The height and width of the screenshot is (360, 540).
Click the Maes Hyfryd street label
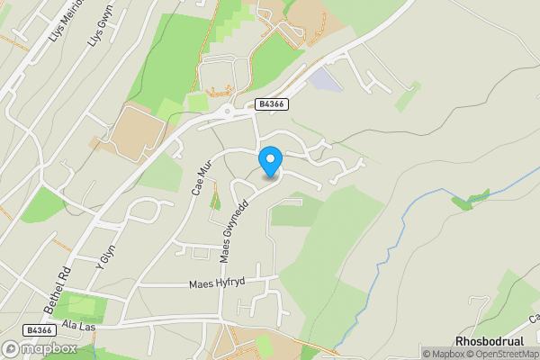217,283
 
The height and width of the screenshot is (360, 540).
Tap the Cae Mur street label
199,178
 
